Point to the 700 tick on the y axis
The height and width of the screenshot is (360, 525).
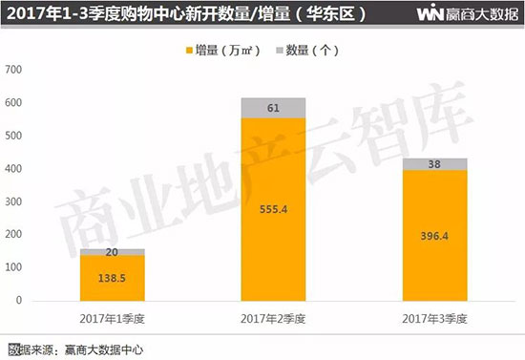click(x=13, y=70)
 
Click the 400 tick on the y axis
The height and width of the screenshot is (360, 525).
click(x=13, y=168)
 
